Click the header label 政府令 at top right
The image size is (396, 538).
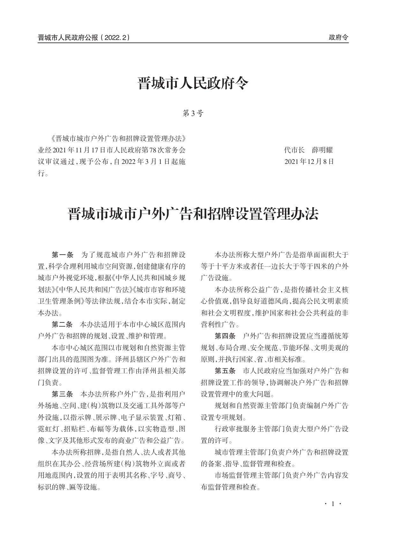pyautogui.click(x=338, y=38)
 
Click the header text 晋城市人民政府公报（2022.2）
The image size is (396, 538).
pyautogui.click(x=84, y=38)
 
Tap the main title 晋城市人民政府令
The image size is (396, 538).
pyautogui.click(x=193, y=84)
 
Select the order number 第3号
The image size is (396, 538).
pyautogui.click(x=193, y=113)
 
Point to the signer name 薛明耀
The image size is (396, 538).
pyautogui.click(x=322, y=150)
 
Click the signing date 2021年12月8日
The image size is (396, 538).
pyautogui.click(x=309, y=162)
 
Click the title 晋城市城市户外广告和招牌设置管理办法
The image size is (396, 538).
pyautogui.click(x=193, y=214)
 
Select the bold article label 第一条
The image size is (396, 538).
pyautogui.click(x=63, y=255)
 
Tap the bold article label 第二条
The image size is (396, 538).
pyautogui.click(x=63, y=325)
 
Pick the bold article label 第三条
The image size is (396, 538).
pyautogui.click(x=63, y=394)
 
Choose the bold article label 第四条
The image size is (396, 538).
pyautogui.click(x=225, y=336)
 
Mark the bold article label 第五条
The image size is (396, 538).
pyautogui.click(x=225, y=371)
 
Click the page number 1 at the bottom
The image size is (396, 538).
pyautogui.click(x=333, y=504)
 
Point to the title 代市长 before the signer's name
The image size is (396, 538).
pyautogui.click(x=294, y=150)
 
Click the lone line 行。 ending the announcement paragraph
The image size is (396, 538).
pyautogui.click(x=43, y=174)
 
